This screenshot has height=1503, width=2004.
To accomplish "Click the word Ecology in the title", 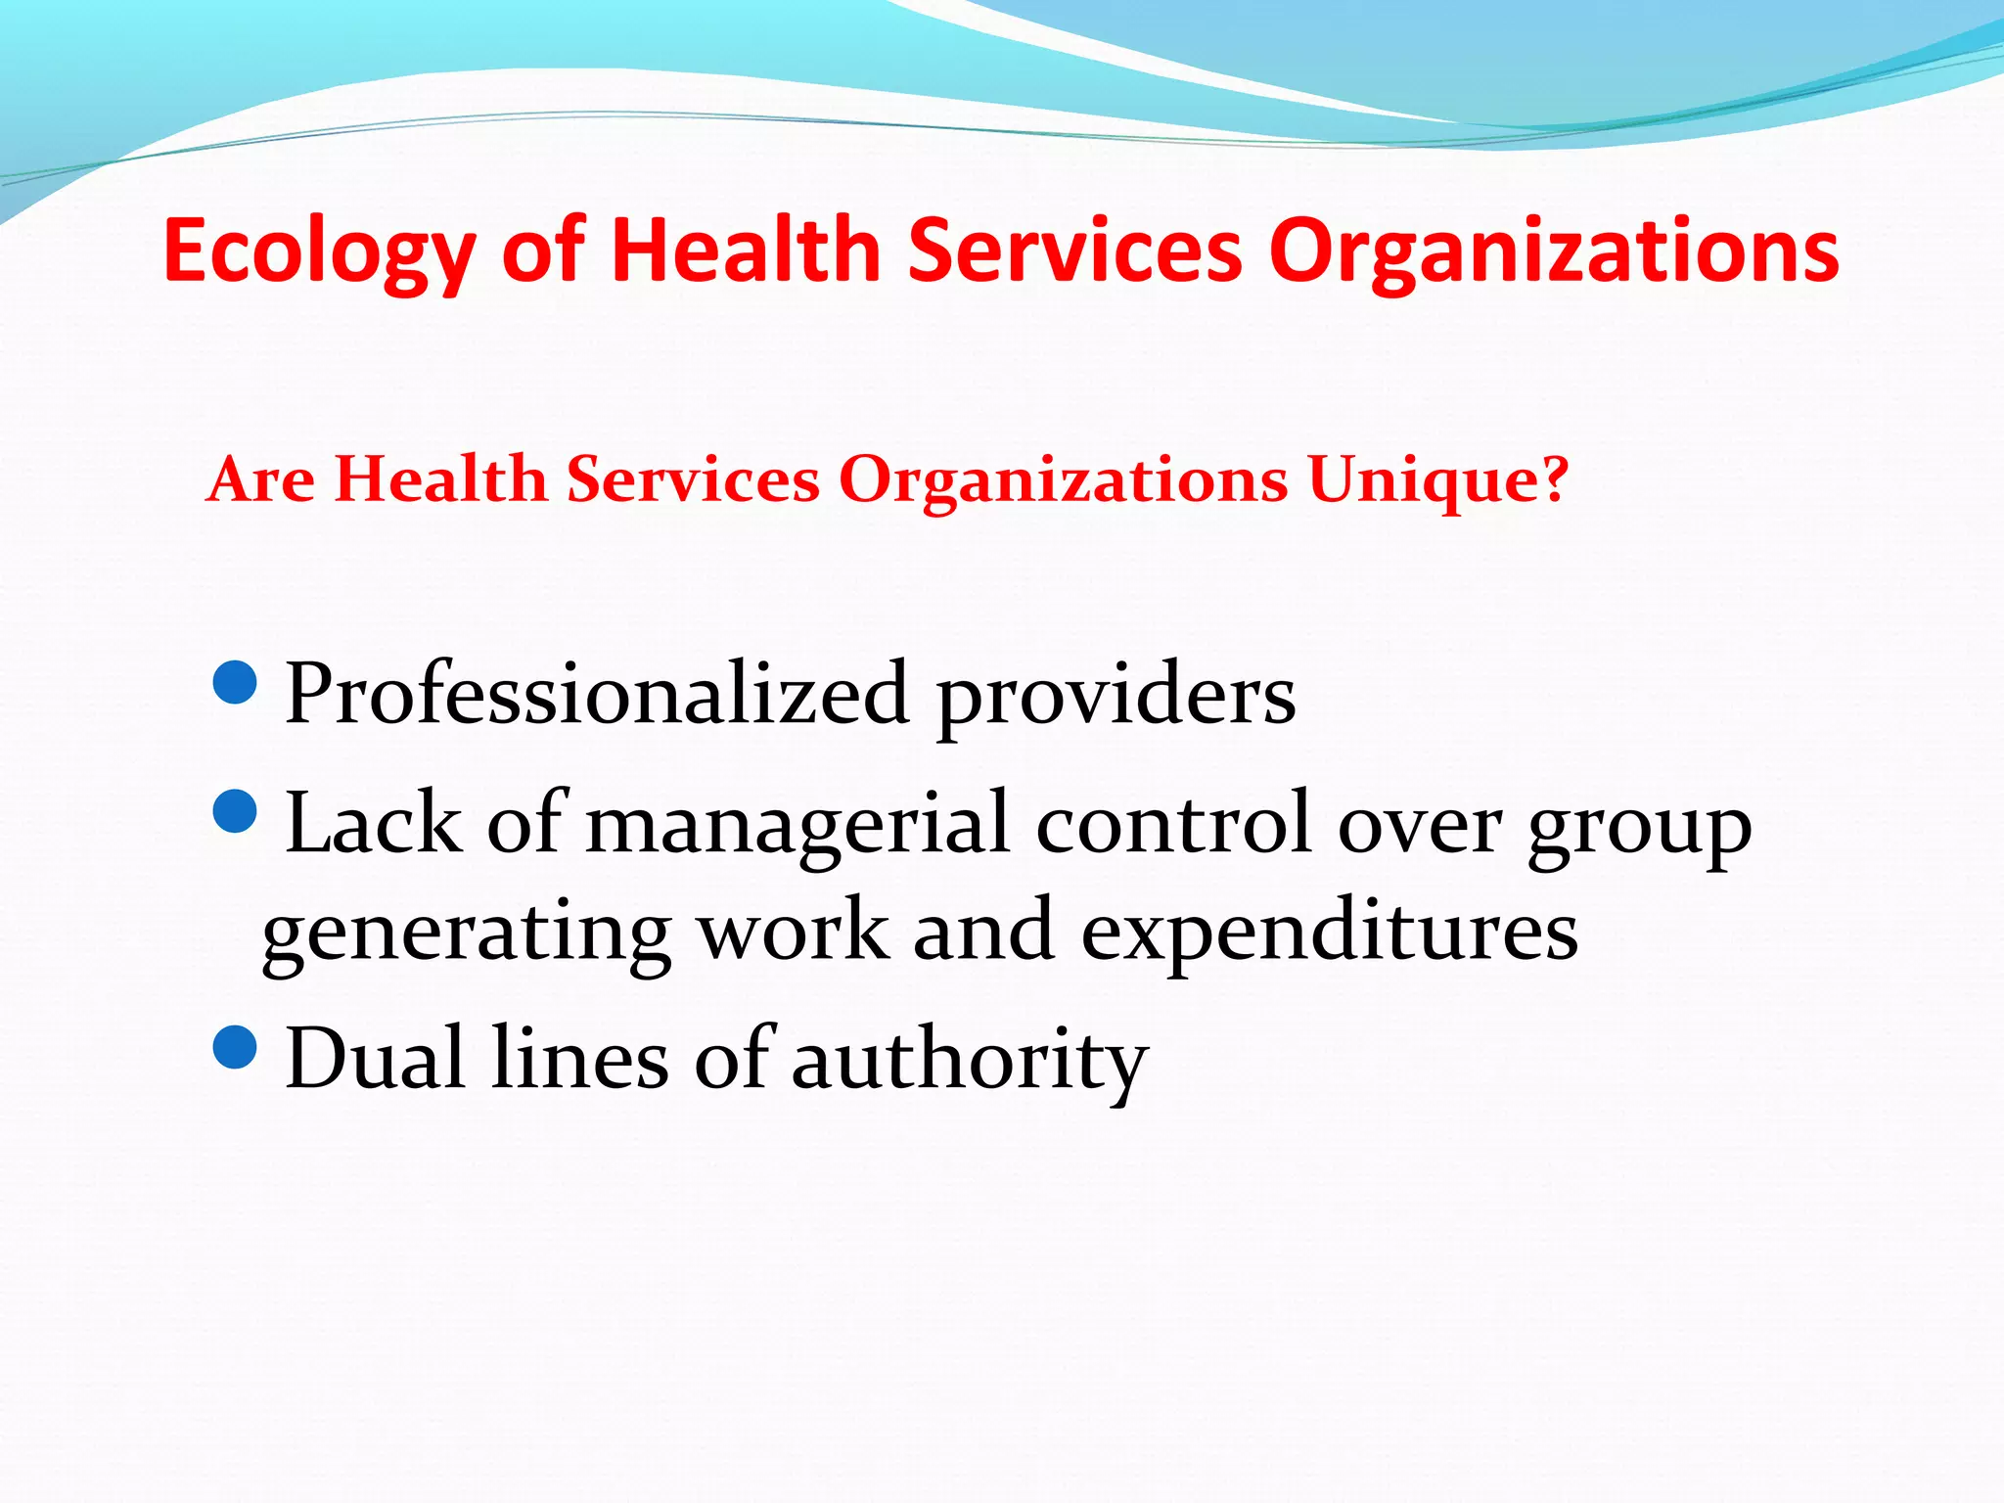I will coord(319,251).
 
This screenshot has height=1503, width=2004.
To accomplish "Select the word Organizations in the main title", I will coord(1554,251).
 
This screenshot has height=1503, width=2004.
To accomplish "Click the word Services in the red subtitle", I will coord(693,479).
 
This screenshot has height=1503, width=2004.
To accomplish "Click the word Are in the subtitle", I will coord(261,479).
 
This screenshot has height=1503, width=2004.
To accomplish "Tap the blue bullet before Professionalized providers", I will coord(234,682).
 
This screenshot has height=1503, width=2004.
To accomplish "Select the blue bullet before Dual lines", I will coord(234,1046).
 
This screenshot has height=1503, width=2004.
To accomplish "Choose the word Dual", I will coord(375,1059).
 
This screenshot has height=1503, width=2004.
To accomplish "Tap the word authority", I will coord(969,1063).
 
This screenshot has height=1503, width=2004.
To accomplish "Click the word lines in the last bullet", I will coord(580,1059).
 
